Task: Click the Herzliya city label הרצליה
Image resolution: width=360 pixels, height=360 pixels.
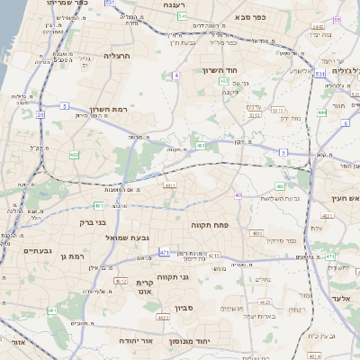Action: pyautogui.click(x=117, y=56)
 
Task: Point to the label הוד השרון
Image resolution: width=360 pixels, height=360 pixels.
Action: pyautogui.click(x=244, y=70)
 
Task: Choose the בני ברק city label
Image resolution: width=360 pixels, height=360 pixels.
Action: pyautogui.click(x=94, y=221)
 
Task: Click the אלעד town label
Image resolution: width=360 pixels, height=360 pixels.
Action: pyautogui.click(x=344, y=297)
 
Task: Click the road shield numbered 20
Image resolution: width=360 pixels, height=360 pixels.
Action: pyautogui.click(x=41, y=113)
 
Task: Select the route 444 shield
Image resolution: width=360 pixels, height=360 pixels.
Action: pyautogui.click(x=322, y=112)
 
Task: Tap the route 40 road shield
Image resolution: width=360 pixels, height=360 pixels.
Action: pyautogui.click(x=238, y=194)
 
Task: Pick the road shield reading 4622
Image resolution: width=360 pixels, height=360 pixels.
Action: pyautogui.click(x=163, y=318)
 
